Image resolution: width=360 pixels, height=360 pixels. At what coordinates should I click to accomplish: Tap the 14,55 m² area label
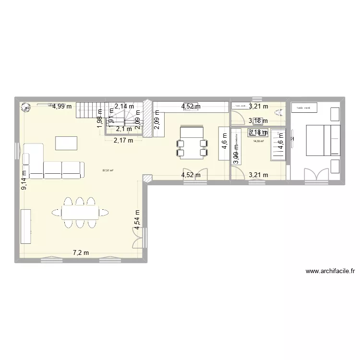[x=258, y=142]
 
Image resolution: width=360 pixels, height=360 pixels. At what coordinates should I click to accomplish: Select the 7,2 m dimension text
[x=80, y=252]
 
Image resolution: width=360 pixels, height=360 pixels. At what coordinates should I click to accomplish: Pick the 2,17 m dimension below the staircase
[x=124, y=141]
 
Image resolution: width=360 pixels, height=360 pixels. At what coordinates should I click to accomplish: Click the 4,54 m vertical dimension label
[x=138, y=220]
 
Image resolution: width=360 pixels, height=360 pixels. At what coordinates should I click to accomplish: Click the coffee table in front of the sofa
[x=66, y=144]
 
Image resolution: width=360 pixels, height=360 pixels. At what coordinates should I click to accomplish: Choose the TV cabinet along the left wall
[x=26, y=227]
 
